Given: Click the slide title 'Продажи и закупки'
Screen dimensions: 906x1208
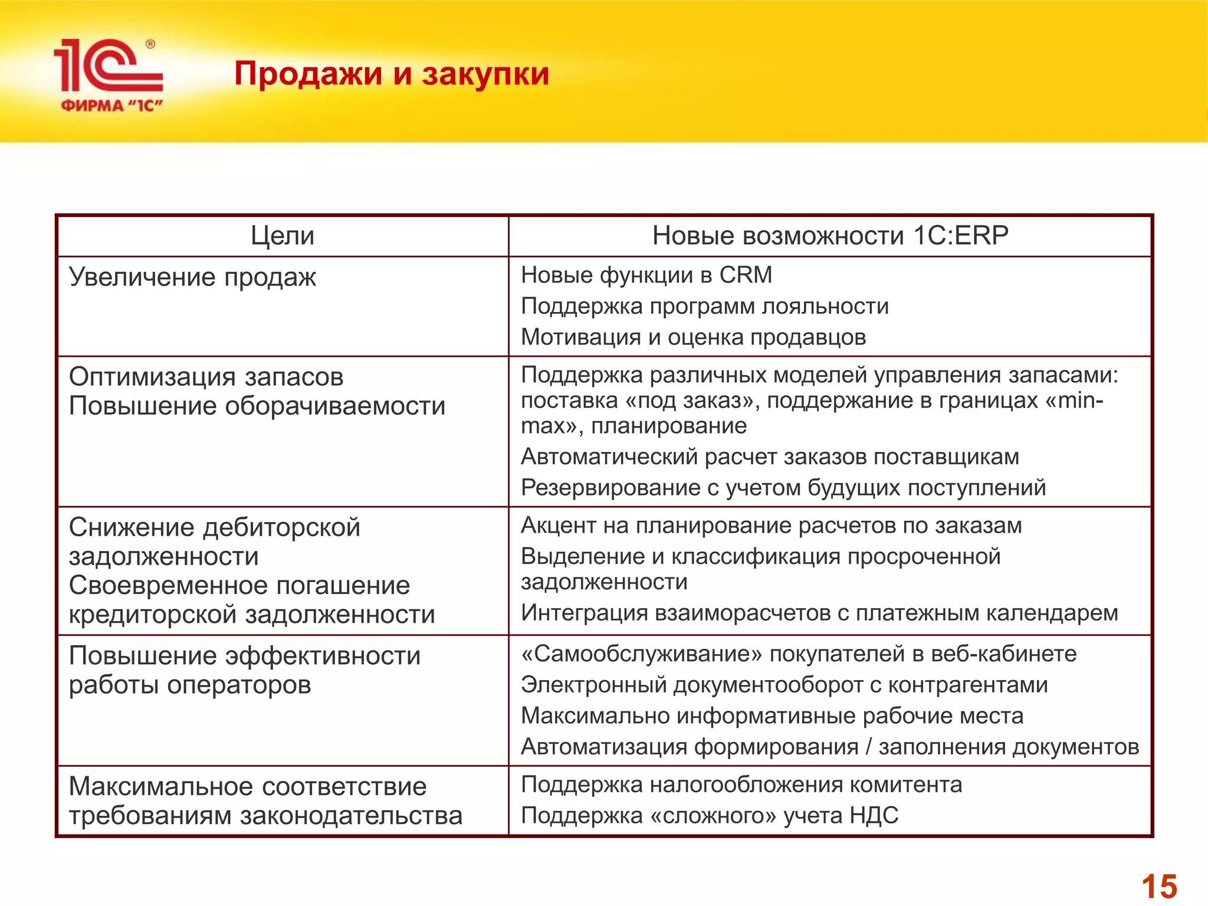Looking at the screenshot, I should click(392, 74).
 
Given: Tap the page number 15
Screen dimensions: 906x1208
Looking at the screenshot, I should click(1159, 886).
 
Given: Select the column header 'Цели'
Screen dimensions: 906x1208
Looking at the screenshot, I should click(283, 236).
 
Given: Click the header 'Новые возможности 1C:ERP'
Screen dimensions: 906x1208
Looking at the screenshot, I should click(830, 236).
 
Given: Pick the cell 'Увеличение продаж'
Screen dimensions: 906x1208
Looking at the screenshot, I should click(192, 277).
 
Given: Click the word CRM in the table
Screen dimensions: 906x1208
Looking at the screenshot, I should click(746, 275).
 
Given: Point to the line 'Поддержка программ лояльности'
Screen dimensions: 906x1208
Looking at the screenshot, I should click(705, 306).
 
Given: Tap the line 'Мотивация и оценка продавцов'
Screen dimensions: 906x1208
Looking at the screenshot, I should click(694, 337).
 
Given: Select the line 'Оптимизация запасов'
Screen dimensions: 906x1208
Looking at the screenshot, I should click(206, 376).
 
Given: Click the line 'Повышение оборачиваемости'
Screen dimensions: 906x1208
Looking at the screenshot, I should click(257, 406).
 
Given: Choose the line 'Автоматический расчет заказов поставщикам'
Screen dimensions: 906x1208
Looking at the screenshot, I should click(770, 457).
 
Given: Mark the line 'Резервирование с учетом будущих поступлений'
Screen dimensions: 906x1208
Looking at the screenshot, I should click(783, 488).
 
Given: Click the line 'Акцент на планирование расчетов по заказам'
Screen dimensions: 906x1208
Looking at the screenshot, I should click(772, 526).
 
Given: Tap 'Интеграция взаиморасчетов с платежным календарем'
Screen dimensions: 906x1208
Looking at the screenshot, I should click(819, 613).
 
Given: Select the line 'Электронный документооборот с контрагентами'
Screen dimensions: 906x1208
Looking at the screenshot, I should click(784, 685).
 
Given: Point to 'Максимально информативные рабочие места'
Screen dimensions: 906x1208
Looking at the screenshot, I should click(772, 715).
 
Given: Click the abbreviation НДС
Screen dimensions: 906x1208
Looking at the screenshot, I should click(874, 815).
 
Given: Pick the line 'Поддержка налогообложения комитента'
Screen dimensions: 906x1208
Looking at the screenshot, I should click(741, 784).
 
